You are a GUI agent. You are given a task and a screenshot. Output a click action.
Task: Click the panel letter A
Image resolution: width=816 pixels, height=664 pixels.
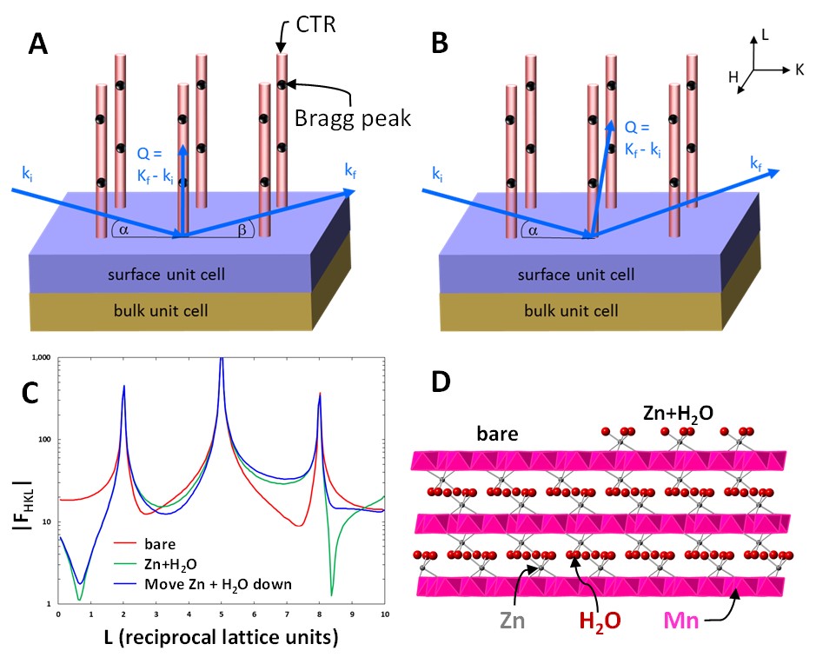38,44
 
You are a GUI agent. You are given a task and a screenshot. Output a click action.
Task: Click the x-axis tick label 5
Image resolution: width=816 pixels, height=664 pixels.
221,614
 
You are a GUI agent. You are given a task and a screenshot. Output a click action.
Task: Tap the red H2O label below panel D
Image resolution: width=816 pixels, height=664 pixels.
593,622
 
